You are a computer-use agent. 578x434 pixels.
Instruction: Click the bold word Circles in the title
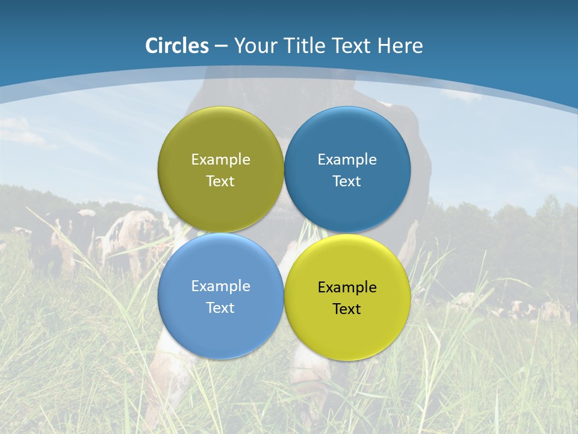tap(176, 46)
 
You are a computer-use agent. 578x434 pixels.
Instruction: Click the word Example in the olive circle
tap(220, 159)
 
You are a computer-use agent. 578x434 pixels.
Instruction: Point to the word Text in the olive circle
tap(220, 181)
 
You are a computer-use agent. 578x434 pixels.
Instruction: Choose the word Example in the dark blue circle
tap(347, 159)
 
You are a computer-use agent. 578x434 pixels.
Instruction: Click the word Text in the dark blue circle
tap(347, 181)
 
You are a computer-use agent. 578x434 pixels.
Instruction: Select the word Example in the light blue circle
tap(220, 286)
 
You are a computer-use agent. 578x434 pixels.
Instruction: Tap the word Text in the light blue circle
tap(220, 308)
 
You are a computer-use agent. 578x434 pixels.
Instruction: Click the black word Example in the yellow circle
tap(347, 288)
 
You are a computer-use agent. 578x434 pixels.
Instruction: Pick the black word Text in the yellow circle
tap(347, 309)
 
